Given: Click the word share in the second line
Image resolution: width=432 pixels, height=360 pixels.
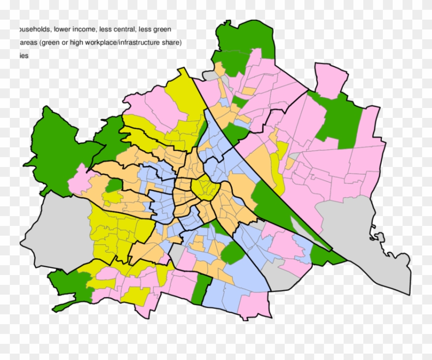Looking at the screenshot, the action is click(x=171, y=43).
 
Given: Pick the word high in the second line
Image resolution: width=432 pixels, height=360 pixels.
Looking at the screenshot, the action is click(x=77, y=43).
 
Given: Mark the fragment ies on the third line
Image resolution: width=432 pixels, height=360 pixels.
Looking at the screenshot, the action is click(x=24, y=56).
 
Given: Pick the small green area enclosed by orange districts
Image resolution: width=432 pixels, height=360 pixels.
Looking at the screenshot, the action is click(x=114, y=185).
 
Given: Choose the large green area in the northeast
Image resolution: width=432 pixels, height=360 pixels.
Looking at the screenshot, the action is click(x=339, y=118).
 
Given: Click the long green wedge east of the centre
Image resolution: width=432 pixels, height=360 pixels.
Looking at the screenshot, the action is click(x=275, y=206).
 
